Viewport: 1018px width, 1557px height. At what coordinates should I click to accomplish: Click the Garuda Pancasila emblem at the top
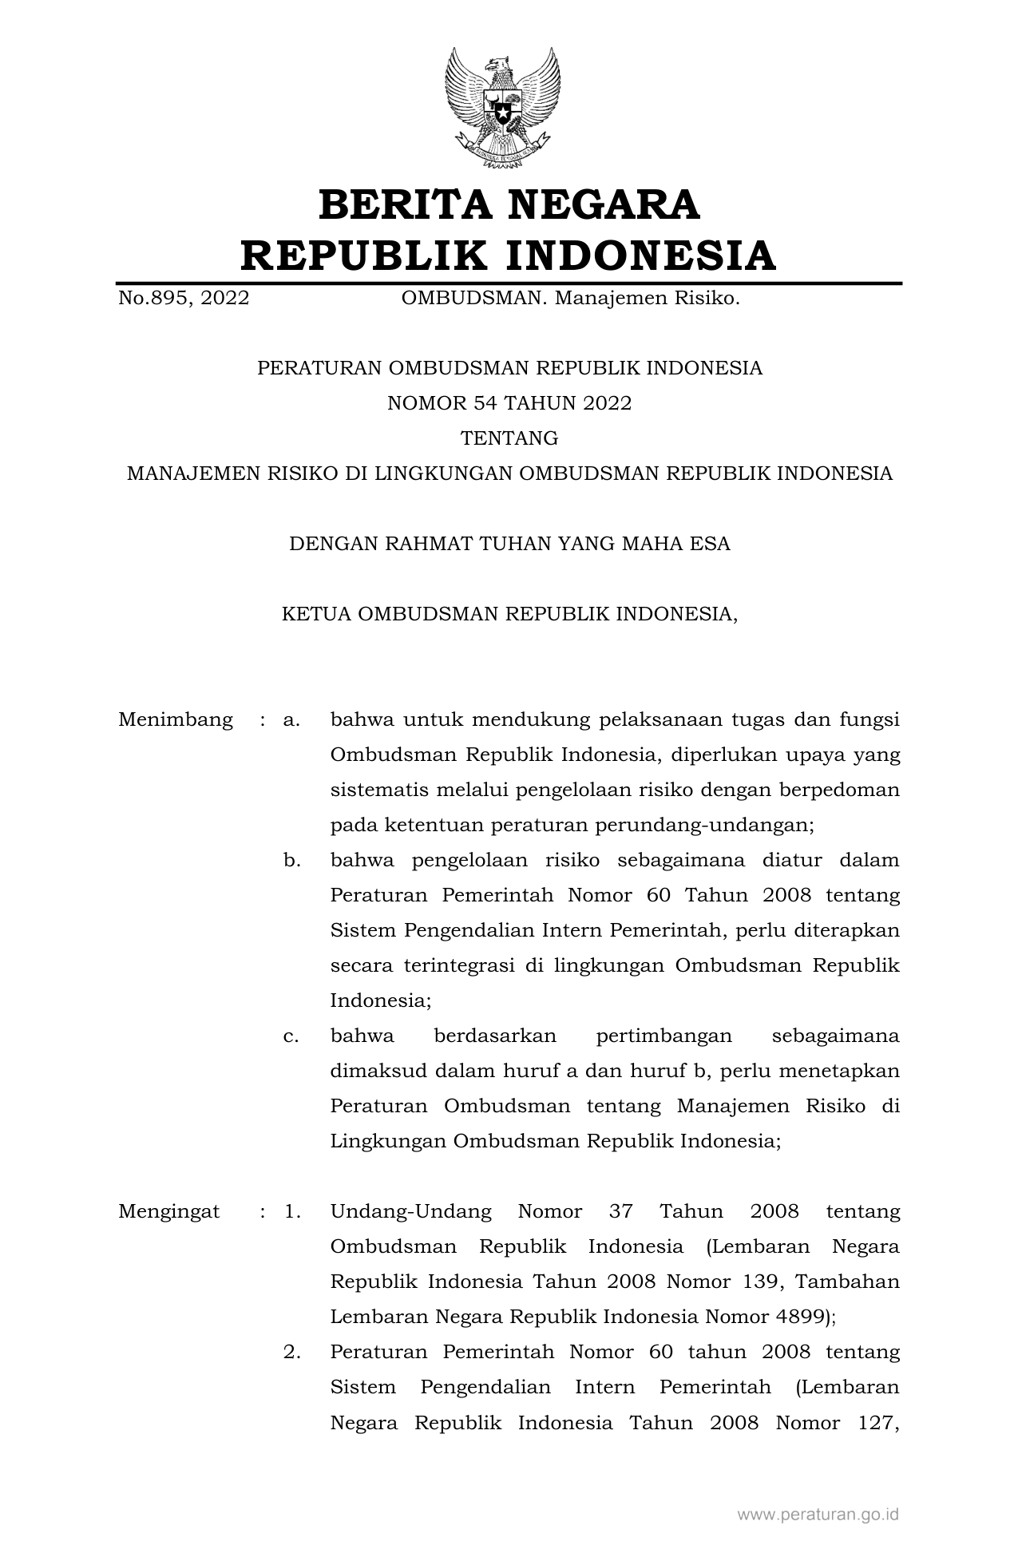click(x=502, y=108)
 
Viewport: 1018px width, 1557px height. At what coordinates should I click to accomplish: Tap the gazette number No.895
click(x=153, y=299)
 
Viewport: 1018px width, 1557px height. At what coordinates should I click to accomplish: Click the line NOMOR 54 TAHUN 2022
click(x=509, y=403)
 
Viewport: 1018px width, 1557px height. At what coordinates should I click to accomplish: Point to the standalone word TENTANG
click(x=509, y=438)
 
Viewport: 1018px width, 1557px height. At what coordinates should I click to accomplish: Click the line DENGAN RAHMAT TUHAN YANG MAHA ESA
click(x=509, y=544)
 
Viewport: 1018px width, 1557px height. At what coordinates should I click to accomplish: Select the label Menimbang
click(x=176, y=720)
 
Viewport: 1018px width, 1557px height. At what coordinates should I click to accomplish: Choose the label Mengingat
click(x=169, y=1211)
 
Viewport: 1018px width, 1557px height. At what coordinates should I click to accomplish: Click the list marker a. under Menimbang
click(x=291, y=720)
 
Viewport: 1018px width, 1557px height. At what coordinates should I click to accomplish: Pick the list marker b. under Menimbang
click(x=291, y=861)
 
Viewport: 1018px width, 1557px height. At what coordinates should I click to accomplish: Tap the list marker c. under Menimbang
click(x=291, y=1036)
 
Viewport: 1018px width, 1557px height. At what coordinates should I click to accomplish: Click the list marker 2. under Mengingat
click(x=291, y=1352)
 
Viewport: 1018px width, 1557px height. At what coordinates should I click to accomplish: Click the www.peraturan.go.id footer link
click(x=818, y=1514)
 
